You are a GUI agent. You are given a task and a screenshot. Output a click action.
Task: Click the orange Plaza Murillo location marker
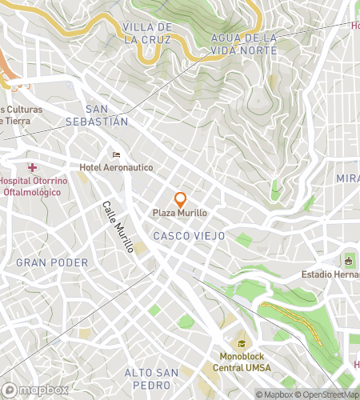click(180, 199)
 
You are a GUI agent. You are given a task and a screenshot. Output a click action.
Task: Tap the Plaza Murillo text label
click(180, 214)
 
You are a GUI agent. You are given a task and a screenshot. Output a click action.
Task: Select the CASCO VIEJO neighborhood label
click(189, 237)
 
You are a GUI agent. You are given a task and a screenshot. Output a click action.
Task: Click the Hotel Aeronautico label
click(116, 167)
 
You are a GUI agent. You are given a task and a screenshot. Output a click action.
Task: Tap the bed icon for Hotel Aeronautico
click(116, 155)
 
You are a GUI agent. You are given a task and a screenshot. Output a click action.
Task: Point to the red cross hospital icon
click(33, 167)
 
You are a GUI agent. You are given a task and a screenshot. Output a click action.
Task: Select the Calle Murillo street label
click(117, 227)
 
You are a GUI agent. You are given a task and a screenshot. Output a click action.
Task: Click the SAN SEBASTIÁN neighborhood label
click(106, 115)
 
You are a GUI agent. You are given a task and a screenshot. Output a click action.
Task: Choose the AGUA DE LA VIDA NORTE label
click(244, 44)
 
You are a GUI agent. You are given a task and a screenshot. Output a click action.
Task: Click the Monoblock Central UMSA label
click(242, 362)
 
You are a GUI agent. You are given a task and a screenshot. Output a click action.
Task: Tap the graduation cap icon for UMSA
click(241, 344)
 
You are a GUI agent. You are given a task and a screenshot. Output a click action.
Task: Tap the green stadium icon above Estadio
click(348, 261)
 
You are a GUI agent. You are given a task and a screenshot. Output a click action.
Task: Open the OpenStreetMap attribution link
click(328, 394)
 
